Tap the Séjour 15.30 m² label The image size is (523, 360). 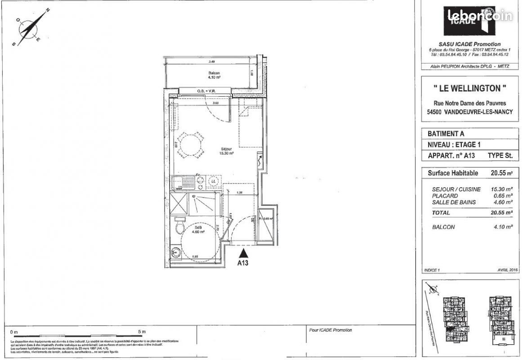click(x=226, y=151)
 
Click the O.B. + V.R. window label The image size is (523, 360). click(x=206, y=91)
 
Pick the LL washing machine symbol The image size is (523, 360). click(x=214, y=181)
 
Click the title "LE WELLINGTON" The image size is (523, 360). click(x=469, y=87)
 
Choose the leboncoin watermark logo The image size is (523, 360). click(x=480, y=16)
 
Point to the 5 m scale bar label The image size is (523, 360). click(x=142, y=332)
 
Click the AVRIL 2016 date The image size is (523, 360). click(x=507, y=270)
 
